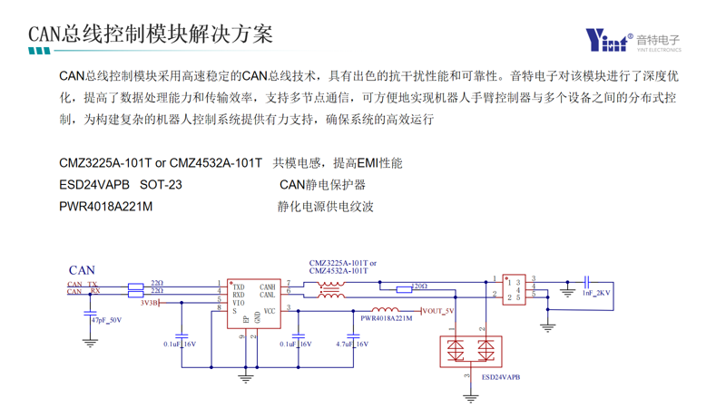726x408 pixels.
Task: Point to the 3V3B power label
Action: (150, 303)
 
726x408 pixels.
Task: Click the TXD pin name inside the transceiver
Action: (239, 287)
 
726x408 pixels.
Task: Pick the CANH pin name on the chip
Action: (268, 287)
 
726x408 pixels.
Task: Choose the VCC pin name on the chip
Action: (270, 311)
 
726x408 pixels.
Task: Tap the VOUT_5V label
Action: (437, 311)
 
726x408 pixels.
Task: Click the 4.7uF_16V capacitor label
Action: (351, 345)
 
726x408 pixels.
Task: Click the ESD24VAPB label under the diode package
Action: (501, 376)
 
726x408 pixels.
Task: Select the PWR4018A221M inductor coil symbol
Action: (385, 309)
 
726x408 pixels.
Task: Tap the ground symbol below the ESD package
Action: (470, 397)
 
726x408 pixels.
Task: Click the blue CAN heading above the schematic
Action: (82, 270)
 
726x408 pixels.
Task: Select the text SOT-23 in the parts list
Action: (161, 185)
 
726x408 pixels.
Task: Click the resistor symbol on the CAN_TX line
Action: (136, 286)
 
